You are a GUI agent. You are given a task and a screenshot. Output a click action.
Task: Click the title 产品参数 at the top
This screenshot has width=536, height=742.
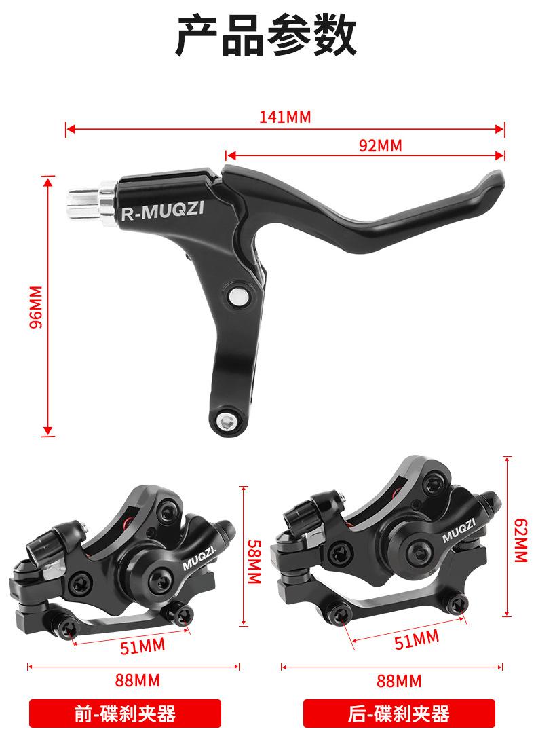267,35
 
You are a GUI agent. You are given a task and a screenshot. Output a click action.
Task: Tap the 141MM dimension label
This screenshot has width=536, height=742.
285,117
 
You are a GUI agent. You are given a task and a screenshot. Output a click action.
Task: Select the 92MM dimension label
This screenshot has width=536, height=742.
381,145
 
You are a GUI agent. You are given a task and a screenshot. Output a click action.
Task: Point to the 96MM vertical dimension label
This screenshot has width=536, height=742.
37,307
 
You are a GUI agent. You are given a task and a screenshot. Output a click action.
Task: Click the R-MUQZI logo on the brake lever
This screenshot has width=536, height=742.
162,210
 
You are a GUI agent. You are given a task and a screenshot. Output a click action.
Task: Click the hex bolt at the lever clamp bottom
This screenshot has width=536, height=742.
226,420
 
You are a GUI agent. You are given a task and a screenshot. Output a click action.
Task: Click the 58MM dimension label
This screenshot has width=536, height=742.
254,561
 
